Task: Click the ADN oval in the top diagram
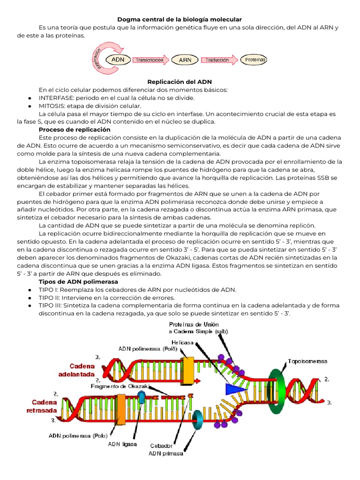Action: click(118, 60)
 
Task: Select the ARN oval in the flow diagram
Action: click(185, 60)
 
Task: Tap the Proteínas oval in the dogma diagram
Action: click(255, 60)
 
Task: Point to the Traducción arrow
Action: click(218, 60)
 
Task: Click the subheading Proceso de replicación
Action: click(75, 129)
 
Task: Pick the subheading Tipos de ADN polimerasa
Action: click(78, 282)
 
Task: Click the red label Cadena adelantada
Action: click(76, 370)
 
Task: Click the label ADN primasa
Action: click(166, 453)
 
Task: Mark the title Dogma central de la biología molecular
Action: click(180, 19)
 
